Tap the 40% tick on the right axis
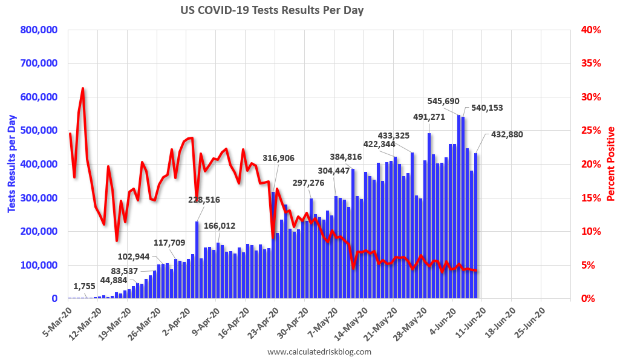click(591, 30)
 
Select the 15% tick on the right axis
click(591, 198)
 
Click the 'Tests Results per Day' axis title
click(12, 163)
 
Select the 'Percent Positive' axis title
click(611, 163)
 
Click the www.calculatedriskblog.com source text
click(319, 352)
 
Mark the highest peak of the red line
click(83, 88)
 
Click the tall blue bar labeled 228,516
click(197, 260)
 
